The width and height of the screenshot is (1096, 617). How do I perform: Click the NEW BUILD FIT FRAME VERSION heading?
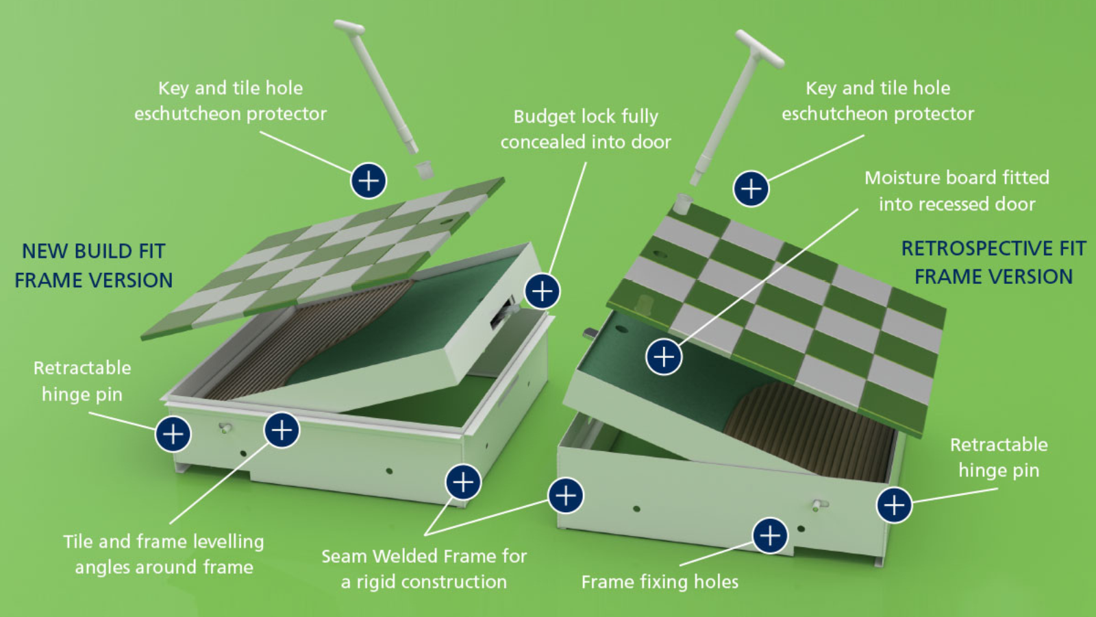point(94,265)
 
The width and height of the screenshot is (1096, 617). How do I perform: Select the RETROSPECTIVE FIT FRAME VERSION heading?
point(993,262)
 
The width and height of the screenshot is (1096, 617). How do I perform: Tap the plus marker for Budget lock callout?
point(543,291)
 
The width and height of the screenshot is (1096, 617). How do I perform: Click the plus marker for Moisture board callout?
point(664,356)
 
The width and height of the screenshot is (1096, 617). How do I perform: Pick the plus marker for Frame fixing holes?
point(770,535)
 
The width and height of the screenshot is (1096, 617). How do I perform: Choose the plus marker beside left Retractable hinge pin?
point(173,434)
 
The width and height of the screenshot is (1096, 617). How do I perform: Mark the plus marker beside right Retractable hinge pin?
point(894,505)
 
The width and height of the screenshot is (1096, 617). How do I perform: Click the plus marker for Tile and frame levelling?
point(282,430)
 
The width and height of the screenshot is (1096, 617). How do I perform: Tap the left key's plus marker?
point(369,181)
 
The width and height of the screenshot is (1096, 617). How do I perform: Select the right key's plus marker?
point(751,189)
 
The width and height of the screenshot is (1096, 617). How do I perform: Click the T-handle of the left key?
point(349,27)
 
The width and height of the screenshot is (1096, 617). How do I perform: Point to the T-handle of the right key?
point(760,47)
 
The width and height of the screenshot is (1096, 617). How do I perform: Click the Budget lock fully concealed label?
point(586,129)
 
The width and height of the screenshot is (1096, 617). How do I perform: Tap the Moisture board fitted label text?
point(957,191)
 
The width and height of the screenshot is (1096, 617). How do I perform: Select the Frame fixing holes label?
point(660,582)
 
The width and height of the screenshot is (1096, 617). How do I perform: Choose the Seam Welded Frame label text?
point(424,568)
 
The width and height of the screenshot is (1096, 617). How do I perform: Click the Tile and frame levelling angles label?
point(164,554)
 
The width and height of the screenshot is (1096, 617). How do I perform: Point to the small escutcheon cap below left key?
point(425,169)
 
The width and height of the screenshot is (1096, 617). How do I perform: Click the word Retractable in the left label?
point(82,368)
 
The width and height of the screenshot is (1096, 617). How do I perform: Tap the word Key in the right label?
point(820,88)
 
